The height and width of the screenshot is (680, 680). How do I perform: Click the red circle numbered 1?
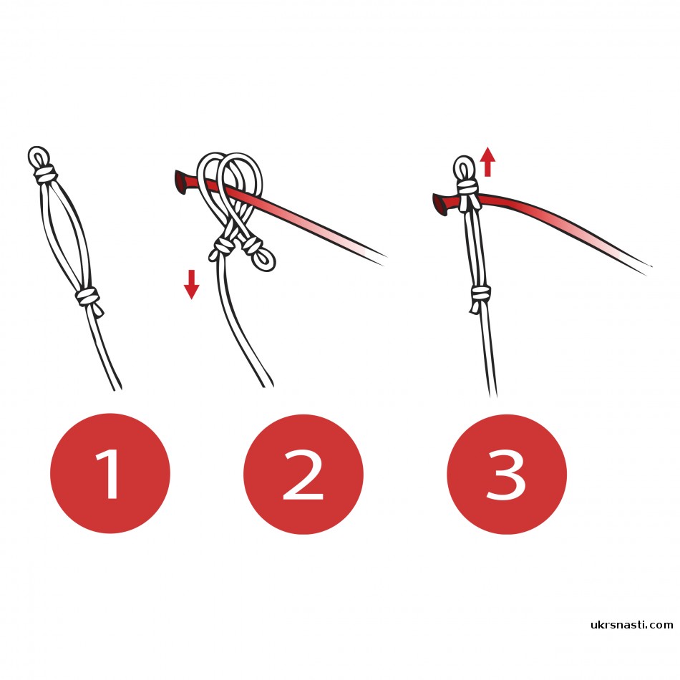coord(110,473)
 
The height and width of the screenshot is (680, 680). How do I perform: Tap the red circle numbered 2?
coord(303,474)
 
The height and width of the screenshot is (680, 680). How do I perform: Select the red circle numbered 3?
coord(507,474)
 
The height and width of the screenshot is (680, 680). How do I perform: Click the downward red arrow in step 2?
coord(191,284)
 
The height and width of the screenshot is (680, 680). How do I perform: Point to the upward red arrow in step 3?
coord(488,161)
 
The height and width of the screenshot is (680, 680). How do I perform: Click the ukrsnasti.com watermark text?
coord(632,625)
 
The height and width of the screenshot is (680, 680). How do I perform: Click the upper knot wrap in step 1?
coord(45,174)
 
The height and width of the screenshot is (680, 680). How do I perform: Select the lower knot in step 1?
coord(88,298)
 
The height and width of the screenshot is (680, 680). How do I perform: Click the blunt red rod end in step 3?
coord(439,205)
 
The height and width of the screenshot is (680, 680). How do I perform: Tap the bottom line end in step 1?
coord(117,387)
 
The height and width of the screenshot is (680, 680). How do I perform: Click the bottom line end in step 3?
coord(493,394)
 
